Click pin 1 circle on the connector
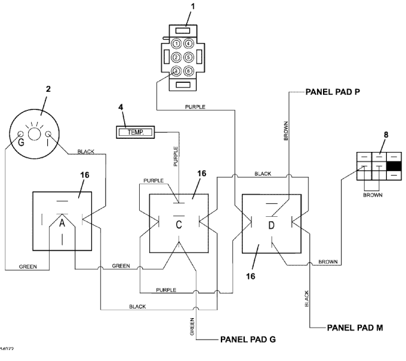tap(176, 43)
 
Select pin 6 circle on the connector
tap(188, 71)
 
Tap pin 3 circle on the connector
tap(176, 71)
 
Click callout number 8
tap(386, 136)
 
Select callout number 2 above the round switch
tap(48, 89)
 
